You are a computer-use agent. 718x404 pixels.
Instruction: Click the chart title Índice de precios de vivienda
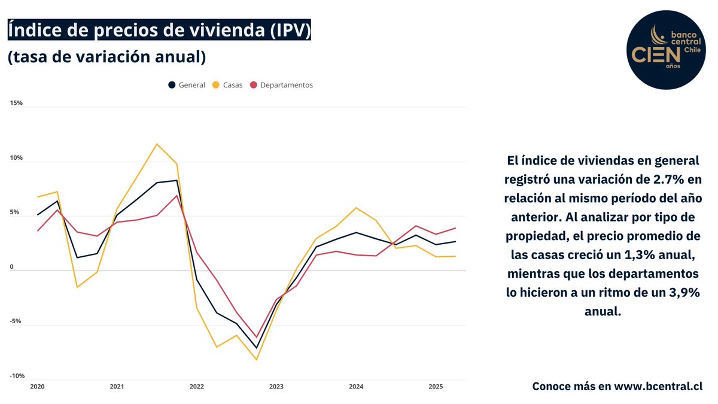coord(159,30)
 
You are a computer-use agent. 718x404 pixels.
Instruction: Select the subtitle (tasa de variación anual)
coord(107,57)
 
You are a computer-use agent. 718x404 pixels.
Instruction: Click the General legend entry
coord(187,85)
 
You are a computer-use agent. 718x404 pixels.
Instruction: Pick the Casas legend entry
coord(228,85)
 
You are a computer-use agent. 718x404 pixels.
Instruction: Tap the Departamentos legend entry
coord(281,85)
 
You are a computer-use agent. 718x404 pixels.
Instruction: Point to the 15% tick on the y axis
coord(16,103)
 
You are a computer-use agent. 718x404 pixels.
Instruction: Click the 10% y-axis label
coord(16,158)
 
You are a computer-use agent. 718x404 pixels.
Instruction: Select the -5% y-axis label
coord(16,321)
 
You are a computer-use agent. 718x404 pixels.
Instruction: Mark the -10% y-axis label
coord(16,376)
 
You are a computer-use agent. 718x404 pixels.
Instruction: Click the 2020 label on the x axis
coord(37,387)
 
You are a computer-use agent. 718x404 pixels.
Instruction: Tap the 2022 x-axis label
coord(196,387)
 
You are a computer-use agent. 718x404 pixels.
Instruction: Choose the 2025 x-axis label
coord(436,387)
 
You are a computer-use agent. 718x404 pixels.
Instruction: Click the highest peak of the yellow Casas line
coord(157,144)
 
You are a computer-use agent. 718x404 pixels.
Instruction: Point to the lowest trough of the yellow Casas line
coord(257,360)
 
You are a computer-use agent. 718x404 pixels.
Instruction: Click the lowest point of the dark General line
coord(257,348)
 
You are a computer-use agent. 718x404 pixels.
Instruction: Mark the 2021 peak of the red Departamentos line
coord(177,196)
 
